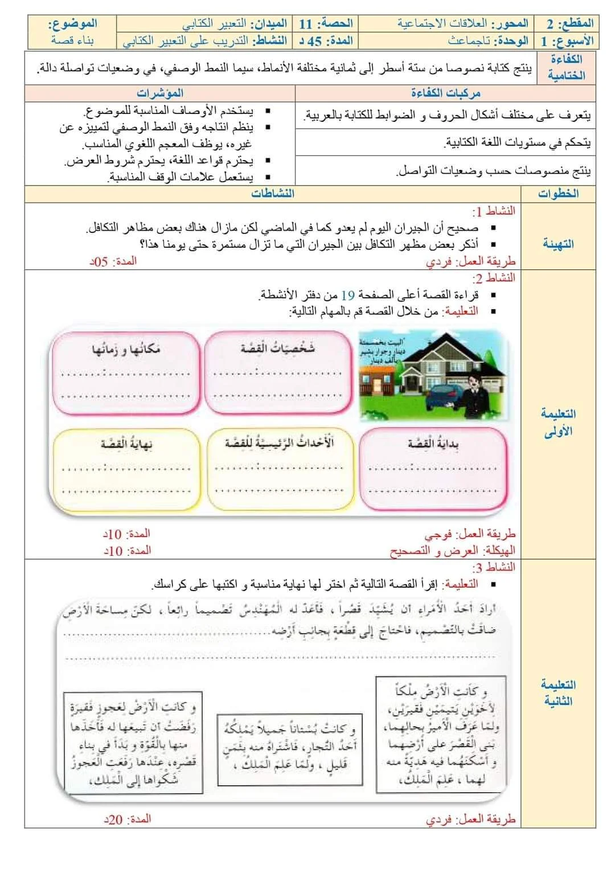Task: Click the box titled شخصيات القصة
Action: pos(277,372)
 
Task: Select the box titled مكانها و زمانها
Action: pos(126,372)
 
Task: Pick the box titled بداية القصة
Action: pos(433,468)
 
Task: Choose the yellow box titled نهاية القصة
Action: pos(126,468)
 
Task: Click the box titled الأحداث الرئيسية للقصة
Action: pos(278,468)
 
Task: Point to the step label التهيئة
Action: pos(557,244)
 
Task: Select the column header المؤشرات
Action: pos(160,93)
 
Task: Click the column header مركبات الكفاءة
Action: pos(445,93)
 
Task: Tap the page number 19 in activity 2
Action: pos(347,295)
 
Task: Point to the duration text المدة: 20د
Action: pos(127,819)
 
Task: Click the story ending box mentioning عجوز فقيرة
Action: pos(133,743)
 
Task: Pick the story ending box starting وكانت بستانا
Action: pos(289,745)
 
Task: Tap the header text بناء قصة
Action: pos(72,41)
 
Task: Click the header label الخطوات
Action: pos(558,194)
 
